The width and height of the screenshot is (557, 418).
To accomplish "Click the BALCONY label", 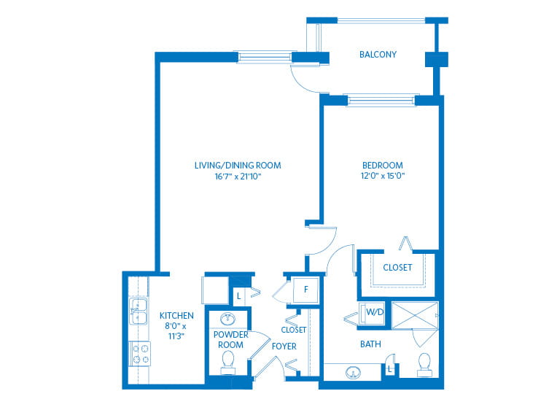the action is click(378, 55).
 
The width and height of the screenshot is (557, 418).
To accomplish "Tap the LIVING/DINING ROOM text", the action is click(238, 166).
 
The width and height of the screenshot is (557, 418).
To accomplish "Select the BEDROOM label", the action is click(383, 166).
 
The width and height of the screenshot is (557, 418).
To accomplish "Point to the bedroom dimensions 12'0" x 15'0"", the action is click(383, 176).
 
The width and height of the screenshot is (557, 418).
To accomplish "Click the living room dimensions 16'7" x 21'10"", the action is click(238, 177).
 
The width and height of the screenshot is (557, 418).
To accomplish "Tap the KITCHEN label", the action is click(176, 316).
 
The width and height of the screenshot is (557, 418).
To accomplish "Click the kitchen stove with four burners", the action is click(139, 354).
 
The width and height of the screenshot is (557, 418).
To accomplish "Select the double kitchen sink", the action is click(139, 311).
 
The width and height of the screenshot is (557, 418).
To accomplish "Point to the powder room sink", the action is click(227, 319).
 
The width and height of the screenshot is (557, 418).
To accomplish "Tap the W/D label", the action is click(375, 312).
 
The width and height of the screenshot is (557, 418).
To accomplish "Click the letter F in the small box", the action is click(306, 290).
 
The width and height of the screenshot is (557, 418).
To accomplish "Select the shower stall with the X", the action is click(415, 315).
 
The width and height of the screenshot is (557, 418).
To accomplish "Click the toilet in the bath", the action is click(424, 365).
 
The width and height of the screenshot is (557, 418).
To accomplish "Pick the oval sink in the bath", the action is click(353, 373).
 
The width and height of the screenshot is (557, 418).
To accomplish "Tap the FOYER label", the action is click(284, 347).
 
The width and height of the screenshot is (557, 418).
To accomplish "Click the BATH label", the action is click(370, 344).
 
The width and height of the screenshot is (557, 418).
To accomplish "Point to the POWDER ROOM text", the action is click(230, 340).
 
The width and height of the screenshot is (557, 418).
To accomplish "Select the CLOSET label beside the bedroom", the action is click(397, 267).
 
